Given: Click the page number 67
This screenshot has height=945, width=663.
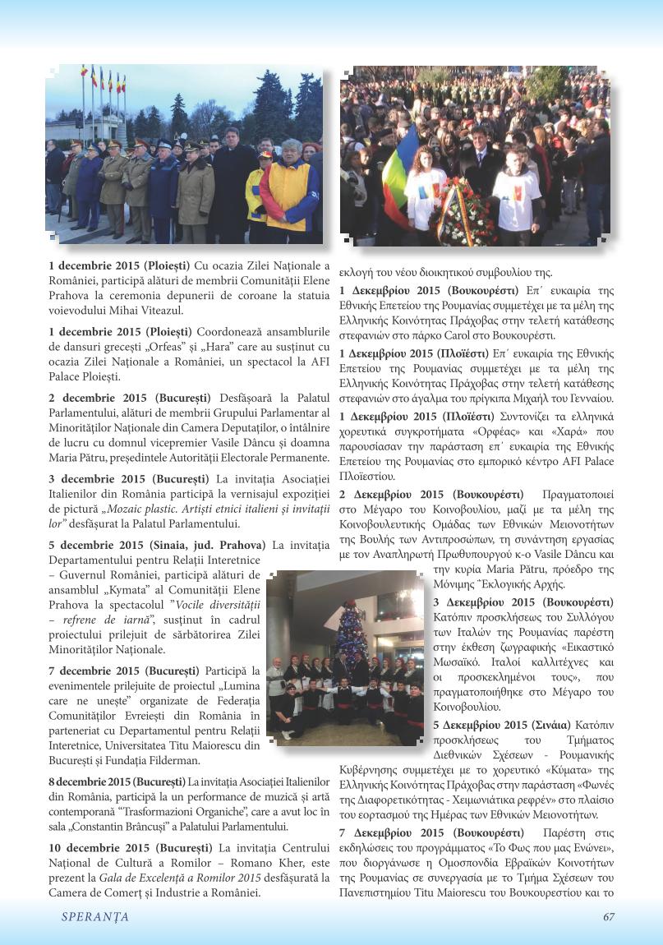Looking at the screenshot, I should pos(609,918).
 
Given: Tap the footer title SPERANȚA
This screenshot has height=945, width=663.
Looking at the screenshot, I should pos(95,918).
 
